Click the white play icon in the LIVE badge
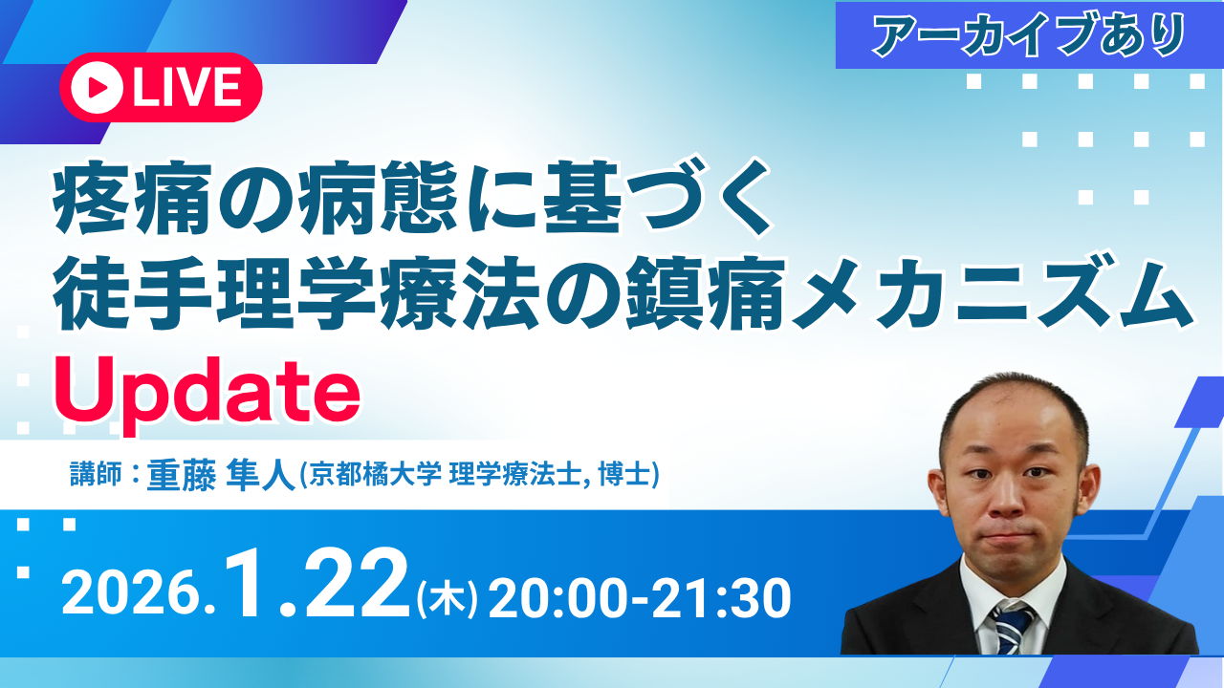(x=97, y=87)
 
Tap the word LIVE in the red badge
(x=187, y=87)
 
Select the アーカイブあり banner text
(x=1029, y=35)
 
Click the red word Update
(x=208, y=392)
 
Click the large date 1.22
(x=317, y=583)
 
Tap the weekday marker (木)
(x=447, y=599)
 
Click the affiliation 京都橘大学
(x=374, y=473)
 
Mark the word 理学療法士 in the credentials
(x=514, y=473)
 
